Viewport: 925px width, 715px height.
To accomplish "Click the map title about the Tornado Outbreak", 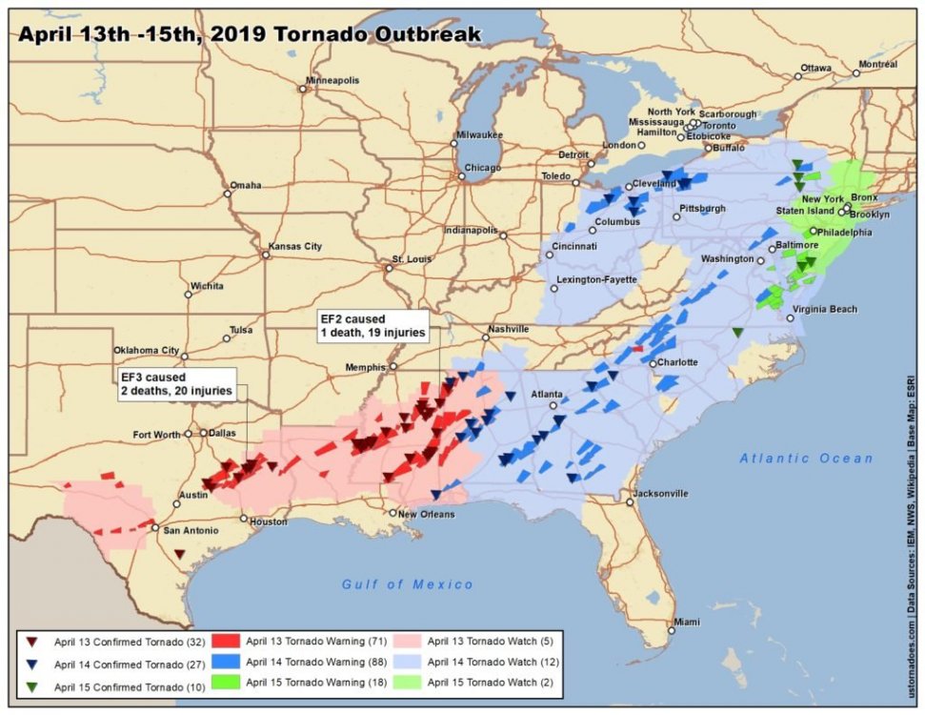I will [x=250, y=35].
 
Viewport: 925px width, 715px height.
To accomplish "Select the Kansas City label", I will [x=296, y=247].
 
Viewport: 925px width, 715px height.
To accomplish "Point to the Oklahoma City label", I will [x=146, y=350].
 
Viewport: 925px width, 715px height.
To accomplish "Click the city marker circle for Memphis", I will [x=392, y=366].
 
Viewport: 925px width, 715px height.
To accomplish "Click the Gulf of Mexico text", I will [x=408, y=584].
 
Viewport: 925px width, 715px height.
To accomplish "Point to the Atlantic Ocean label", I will [x=806, y=459].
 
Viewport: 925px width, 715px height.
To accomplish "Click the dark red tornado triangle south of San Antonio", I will [x=179, y=554].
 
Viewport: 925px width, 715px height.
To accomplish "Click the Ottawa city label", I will [x=815, y=69].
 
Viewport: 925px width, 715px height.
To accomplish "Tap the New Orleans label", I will [x=426, y=514].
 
